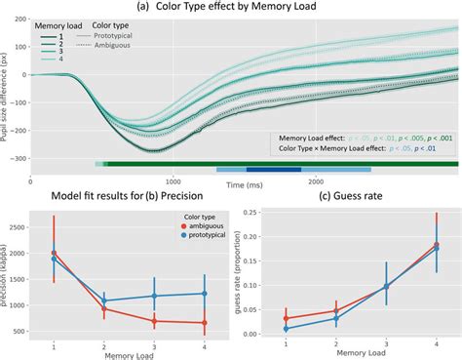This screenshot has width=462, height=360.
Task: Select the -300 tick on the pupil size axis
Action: pyautogui.click(x=19, y=158)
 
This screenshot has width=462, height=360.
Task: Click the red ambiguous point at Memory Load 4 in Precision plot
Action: pyautogui.click(x=204, y=322)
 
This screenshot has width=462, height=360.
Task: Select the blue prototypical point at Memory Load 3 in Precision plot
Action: pyautogui.click(x=154, y=296)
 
